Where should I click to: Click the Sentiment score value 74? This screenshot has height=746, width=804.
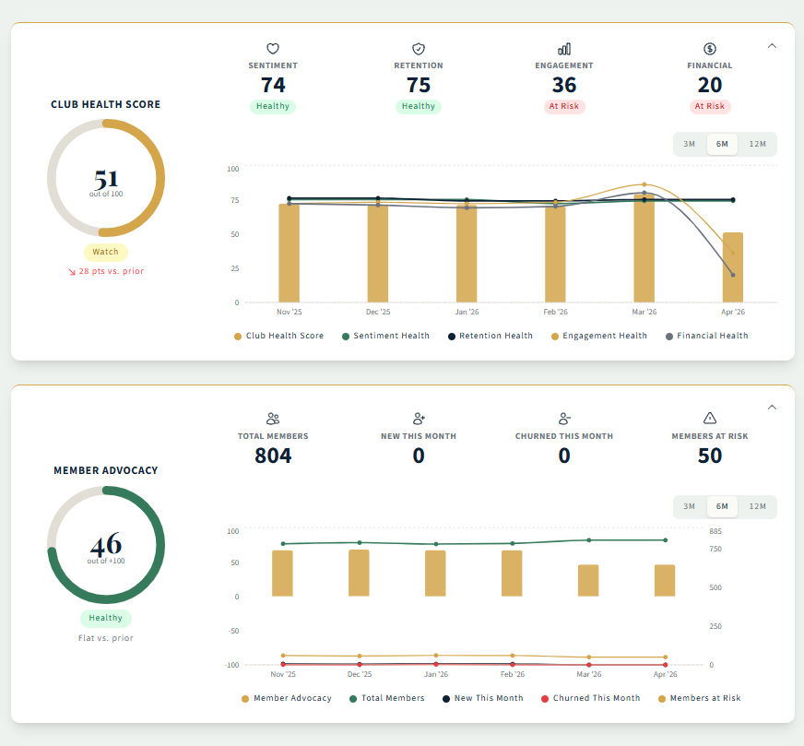[x=273, y=85]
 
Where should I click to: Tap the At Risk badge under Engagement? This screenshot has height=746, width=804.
[x=564, y=106]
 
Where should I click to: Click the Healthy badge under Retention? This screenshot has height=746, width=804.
[x=419, y=106]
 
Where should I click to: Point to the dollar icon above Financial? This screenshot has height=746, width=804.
[x=710, y=49]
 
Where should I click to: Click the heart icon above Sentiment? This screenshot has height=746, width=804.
[x=273, y=49]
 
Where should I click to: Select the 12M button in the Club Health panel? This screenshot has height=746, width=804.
[x=757, y=144]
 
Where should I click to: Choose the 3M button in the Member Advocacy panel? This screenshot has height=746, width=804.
[x=689, y=506]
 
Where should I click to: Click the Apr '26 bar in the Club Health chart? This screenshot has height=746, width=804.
[x=733, y=266]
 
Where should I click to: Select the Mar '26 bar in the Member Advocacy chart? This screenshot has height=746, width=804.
[x=588, y=580]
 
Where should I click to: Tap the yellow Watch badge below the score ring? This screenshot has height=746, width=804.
[x=106, y=252]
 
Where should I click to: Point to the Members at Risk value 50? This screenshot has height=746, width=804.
[x=710, y=456]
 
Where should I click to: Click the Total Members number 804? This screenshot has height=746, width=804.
[x=273, y=456]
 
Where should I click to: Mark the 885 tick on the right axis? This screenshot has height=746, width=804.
[x=715, y=531]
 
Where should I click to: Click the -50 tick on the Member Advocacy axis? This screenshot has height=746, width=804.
[x=232, y=631]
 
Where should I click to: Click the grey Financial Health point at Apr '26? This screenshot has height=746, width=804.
[x=733, y=275]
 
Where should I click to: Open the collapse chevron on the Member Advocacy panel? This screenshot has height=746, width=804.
[x=773, y=408]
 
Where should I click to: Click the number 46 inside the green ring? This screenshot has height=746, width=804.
[x=106, y=544]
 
